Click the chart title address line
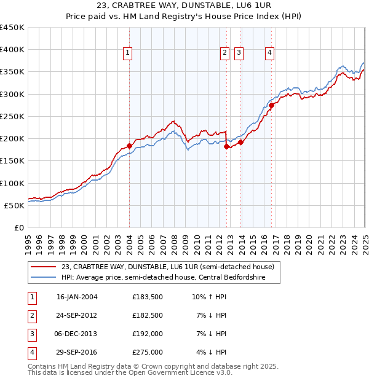coord(184,7)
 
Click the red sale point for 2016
coord(271,106)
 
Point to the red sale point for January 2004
coord(129,146)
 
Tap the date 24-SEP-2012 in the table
coord(77,315)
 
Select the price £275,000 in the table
coord(148,352)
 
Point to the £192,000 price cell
coord(148,334)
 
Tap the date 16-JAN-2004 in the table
coord(77,297)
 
